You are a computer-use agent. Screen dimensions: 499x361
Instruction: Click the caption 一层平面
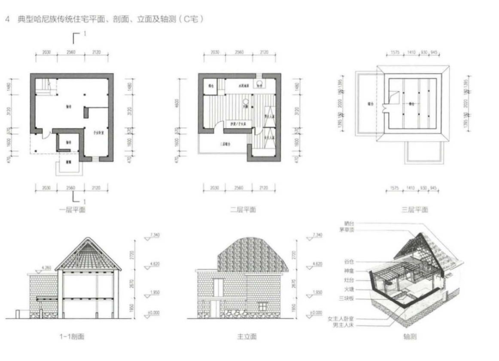point(73,210)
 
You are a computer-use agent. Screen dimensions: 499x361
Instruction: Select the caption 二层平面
point(243,210)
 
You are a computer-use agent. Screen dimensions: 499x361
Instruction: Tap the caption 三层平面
point(414,210)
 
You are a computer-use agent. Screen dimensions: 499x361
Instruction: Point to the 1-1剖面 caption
point(72,337)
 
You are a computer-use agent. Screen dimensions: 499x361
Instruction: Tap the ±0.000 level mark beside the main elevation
point(316,313)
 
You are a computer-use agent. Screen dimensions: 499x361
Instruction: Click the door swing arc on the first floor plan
point(45,134)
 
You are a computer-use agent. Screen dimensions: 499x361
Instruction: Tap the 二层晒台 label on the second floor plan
point(224,144)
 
